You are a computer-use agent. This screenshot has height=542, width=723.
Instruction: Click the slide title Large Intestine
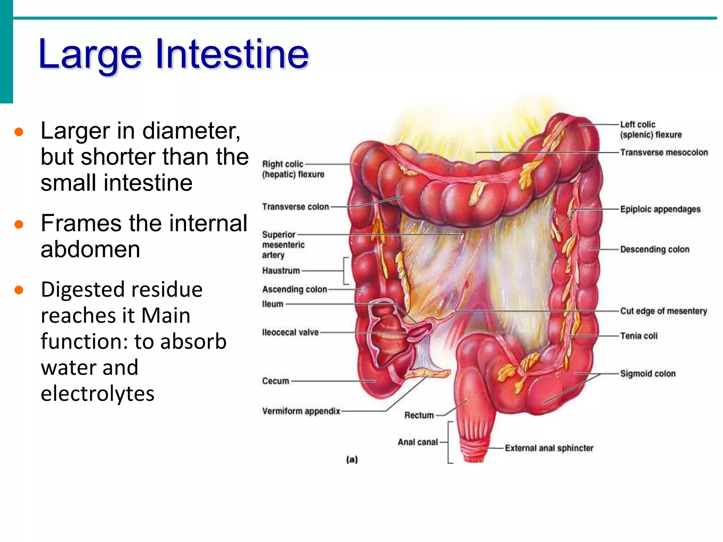(x=173, y=55)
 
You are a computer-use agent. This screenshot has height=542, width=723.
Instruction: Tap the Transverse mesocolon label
(x=664, y=152)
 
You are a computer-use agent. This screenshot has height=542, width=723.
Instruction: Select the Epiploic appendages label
(x=660, y=209)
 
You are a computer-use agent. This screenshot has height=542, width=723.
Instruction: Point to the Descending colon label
(x=655, y=249)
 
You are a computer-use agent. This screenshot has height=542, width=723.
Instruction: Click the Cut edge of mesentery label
(x=664, y=311)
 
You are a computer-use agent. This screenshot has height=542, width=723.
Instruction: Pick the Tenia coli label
(x=639, y=336)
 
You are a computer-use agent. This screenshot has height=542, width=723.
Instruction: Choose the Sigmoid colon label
(x=648, y=374)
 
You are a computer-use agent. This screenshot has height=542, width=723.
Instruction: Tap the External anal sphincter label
(x=549, y=448)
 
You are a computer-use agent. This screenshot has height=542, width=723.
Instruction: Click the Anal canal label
(x=418, y=442)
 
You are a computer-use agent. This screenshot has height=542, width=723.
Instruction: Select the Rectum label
(x=419, y=415)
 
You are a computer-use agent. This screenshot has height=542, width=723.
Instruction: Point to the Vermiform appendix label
(x=301, y=411)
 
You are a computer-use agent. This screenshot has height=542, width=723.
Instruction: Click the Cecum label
(x=275, y=381)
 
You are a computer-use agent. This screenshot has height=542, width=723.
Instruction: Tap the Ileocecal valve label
(x=290, y=332)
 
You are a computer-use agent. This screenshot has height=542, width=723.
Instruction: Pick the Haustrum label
(x=281, y=271)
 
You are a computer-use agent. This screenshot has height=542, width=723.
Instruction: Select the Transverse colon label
(x=295, y=207)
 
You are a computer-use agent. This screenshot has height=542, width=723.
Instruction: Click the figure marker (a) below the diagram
(x=352, y=459)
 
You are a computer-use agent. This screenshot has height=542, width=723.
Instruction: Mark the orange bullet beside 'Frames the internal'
(x=19, y=224)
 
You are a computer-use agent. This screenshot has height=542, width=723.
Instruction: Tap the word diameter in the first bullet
(x=191, y=131)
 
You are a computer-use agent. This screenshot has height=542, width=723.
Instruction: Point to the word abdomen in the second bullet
(x=90, y=249)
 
